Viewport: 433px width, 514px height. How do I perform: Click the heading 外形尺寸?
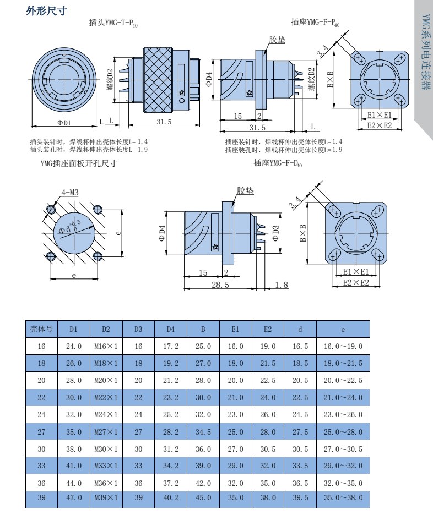(46, 11)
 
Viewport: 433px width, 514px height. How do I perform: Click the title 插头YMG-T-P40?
(113, 23)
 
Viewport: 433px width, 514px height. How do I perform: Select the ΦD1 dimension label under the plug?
(64, 123)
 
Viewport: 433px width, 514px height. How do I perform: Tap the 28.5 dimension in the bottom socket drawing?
(220, 284)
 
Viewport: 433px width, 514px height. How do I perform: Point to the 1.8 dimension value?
(282, 285)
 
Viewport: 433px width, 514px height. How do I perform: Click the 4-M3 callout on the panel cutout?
(70, 193)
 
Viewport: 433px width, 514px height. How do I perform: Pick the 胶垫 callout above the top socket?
(277, 40)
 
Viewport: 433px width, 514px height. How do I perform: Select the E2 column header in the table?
(268, 329)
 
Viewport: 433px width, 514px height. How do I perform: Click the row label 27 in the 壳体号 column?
(41, 432)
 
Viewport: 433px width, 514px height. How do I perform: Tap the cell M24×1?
(106, 415)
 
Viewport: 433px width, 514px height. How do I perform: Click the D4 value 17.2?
(171, 346)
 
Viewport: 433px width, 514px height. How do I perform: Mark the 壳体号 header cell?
(41, 329)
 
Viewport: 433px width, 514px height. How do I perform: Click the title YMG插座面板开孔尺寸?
(79, 163)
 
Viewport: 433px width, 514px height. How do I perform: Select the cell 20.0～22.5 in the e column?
(343, 380)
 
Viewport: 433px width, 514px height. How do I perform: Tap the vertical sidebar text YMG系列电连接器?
(425, 52)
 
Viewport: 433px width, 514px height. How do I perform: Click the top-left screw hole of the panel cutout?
(51, 209)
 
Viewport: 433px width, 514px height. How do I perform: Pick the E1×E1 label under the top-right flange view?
(380, 115)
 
